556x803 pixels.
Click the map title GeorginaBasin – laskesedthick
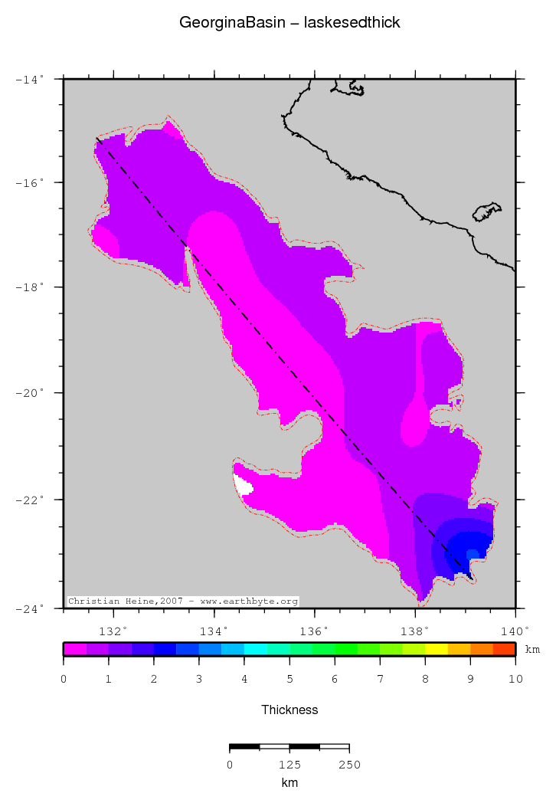tap(289, 23)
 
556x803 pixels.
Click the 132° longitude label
tap(113, 631)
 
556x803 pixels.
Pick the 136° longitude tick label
tap(314, 631)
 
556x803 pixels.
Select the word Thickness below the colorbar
tap(289, 710)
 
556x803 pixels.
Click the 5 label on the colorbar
tap(289, 679)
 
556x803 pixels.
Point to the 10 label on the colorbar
tap(515, 679)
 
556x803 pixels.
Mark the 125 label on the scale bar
tap(289, 765)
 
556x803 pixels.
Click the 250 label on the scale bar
tap(349, 765)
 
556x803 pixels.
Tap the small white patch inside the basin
tap(243, 485)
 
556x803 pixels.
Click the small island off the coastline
tap(486, 211)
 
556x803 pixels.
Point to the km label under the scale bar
tap(289, 783)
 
